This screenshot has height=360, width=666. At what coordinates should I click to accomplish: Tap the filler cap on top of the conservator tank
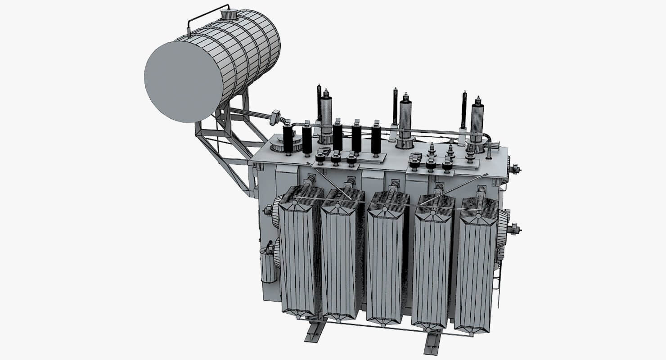pyautogui.click(x=228, y=15)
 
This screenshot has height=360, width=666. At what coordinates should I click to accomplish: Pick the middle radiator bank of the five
pyautogui.click(x=386, y=261)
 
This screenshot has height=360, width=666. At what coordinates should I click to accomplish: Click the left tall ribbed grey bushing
pyautogui.click(x=326, y=117)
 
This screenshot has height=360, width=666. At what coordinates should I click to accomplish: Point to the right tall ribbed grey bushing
pyautogui.click(x=477, y=122)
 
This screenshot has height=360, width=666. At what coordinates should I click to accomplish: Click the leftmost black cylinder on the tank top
pyautogui.click(x=288, y=139)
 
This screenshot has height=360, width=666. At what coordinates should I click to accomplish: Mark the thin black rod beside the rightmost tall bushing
pyautogui.click(x=464, y=110)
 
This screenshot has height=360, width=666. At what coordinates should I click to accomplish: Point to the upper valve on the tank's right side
pyautogui.click(x=513, y=170)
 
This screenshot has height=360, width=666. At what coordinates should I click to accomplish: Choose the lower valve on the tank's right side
pyautogui.click(x=513, y=229)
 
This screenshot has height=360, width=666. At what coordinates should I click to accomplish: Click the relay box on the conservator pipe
pyautogui.click(x=275, y=117)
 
